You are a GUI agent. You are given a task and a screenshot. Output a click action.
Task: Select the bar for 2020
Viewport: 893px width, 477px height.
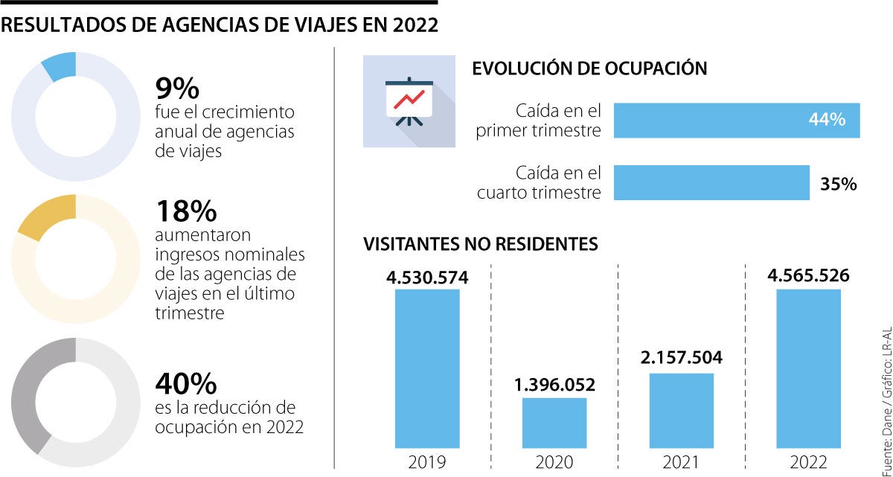coord(554,422)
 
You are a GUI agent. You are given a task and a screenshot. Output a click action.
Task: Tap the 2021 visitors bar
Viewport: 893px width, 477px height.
coord(682,409)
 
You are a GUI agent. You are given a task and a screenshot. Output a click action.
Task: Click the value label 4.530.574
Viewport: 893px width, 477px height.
coord(427,278)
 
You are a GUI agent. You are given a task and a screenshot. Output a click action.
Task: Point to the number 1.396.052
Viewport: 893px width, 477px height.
coord(554,385)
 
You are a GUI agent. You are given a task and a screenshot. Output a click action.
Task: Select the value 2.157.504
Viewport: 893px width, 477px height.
coord(682,358)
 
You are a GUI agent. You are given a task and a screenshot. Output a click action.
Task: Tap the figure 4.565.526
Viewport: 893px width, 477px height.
coord(808,276)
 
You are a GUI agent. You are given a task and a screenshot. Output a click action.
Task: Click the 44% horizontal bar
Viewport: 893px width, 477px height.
coord(737,121)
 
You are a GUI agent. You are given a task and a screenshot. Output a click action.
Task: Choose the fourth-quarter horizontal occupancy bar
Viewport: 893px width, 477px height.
coord(711,183)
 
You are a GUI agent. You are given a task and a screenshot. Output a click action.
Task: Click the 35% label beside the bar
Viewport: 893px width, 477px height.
coord(838,184)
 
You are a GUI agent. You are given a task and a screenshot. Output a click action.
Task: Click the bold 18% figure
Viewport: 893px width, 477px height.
coord(185,211)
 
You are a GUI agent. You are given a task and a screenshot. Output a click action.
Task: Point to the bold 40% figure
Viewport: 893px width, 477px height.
coord(185,384)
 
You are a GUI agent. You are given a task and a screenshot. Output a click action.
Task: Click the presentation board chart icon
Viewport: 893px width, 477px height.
coord(408,100)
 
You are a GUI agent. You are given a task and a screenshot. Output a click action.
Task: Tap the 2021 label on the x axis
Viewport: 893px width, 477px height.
coord(682,462)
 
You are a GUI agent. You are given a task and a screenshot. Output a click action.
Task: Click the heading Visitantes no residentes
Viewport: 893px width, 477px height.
coord(480,244)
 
